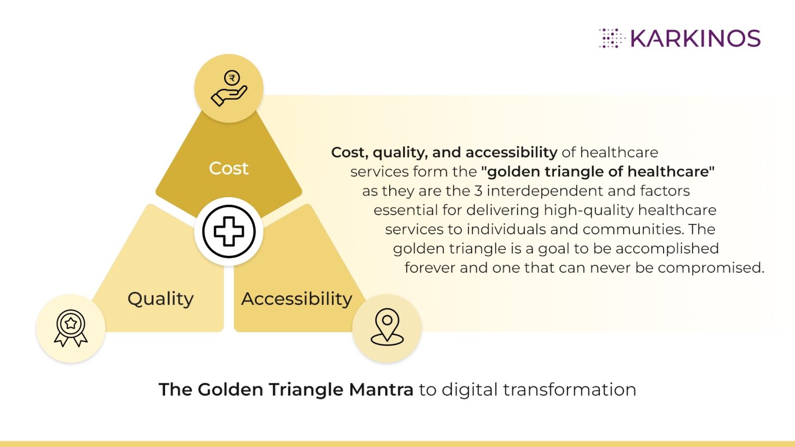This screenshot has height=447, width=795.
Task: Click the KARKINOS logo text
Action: [x=695, y=39]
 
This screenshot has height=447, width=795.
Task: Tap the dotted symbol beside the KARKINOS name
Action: [x=612, y=38]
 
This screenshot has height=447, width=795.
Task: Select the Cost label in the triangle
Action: [x=229, y=168]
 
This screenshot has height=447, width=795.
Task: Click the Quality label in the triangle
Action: [x=160, y=299]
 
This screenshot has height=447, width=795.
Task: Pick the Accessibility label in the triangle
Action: [x=297, y=299]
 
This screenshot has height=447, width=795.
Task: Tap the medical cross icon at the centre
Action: [x=229, y=231]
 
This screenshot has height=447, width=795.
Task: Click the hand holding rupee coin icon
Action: [x=229, y=88]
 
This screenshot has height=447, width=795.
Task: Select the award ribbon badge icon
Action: [x=71, y=328]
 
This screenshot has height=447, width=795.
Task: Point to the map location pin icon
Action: [x=387, y=327]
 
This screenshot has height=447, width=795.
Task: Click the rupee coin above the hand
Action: [x=232, y=78]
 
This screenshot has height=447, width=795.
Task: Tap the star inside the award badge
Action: [x=71, y=323]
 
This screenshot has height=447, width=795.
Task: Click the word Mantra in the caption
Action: [x=381, y=390]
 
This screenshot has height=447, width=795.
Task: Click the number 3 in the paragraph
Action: [x=478, y=191]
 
